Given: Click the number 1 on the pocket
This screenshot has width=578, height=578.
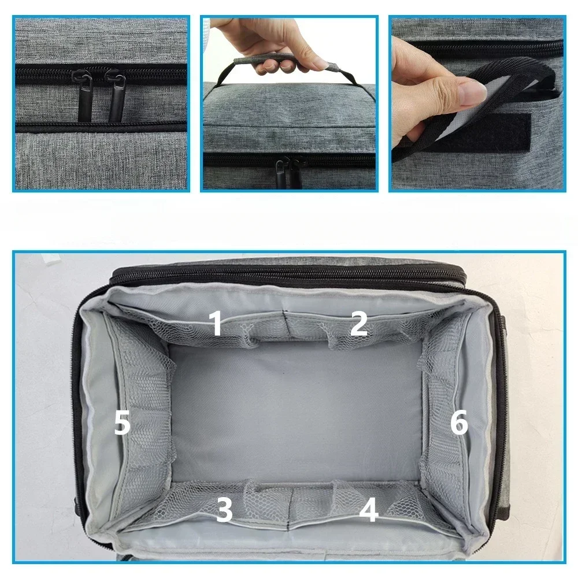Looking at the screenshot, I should [216, 323].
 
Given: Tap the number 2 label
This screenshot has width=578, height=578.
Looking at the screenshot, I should [358, 323].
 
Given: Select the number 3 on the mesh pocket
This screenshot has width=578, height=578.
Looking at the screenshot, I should [224, 510].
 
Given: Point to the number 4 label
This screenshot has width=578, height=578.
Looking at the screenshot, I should [368, 510].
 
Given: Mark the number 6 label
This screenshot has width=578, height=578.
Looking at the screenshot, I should [459, 424].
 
